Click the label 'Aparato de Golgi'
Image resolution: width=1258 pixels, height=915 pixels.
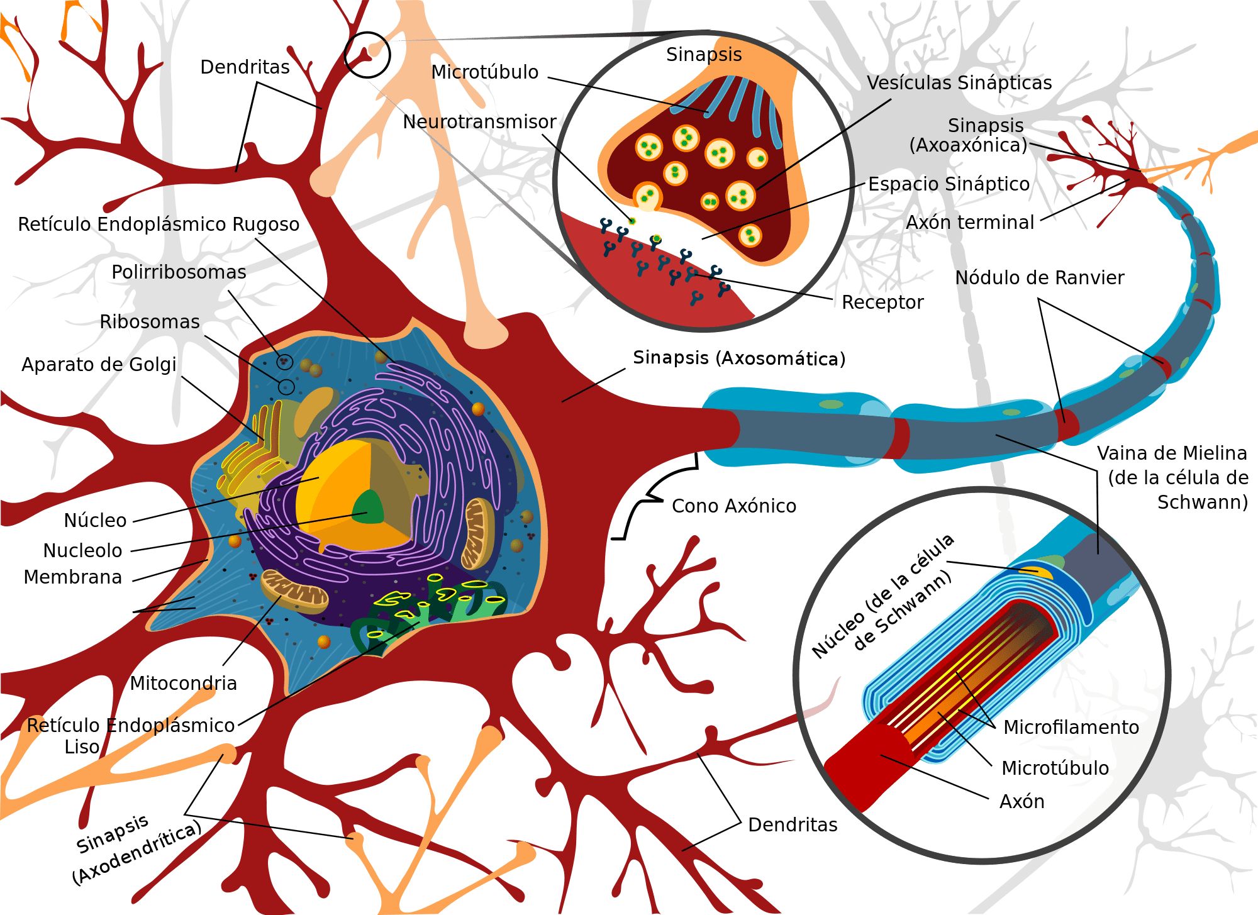[99, 365]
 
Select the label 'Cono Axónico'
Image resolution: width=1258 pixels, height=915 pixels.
[734, 506]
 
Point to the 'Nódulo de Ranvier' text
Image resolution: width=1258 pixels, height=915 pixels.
[1039, 277]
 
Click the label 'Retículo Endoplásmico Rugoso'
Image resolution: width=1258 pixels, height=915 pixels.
[159, 225]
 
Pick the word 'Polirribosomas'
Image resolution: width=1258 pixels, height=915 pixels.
[179, 272]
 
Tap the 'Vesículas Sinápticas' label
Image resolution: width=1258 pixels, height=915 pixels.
[959, 83]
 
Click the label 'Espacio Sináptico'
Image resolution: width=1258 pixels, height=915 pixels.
[949, 184]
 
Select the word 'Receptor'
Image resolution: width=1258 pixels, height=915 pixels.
[882, 302]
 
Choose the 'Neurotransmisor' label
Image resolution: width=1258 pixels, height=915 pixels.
[479, 122]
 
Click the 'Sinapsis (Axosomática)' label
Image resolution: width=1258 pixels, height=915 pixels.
[739, 358]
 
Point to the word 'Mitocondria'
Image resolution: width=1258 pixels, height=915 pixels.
[183, 683]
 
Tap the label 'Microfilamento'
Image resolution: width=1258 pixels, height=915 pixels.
[1071, 727]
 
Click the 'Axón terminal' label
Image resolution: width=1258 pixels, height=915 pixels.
[970, 223]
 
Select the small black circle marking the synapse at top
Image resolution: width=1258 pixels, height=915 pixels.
[367, 55]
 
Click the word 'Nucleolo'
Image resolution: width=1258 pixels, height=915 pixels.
[82, 550]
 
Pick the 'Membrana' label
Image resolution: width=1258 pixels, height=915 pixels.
[72, 577]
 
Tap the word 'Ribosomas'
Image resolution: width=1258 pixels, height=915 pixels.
[150, 322]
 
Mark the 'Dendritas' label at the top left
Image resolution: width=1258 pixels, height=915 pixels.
[245, 67]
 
